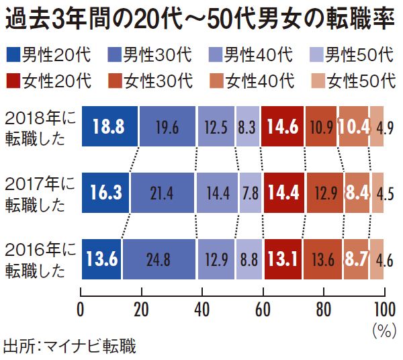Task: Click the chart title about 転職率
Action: [x=199, y=17]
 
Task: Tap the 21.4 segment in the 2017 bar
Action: [x=164, y=194]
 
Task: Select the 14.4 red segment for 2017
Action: [x=281, y=194]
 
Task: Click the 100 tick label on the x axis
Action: [x=384, y=310]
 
